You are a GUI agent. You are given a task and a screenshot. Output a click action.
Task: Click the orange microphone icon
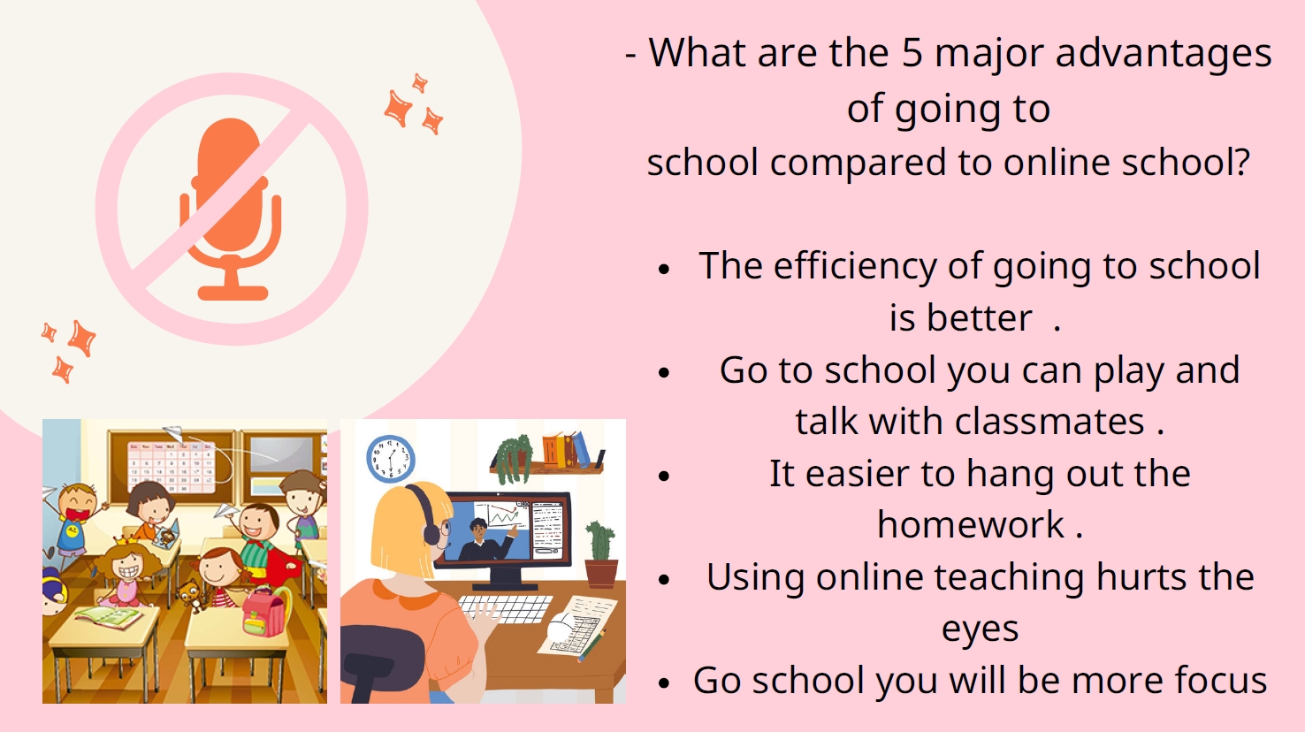pyautogui.click(x=231, y=209)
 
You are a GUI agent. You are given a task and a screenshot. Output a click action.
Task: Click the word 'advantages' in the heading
pyautogui.click(x=1164, y=54)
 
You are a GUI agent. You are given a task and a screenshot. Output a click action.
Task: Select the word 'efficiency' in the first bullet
pyautogui.click(x=855, y=267)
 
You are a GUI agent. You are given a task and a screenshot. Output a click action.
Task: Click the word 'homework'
pyautogui.click(x=971, y=524)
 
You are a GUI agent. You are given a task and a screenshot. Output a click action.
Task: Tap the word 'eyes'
pyautogui.click(x=980, y=630)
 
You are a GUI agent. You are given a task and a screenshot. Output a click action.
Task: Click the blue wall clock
pyautogui.click(x=390, y=459)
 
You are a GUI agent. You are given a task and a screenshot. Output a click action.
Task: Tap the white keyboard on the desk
pyautogui.click(x=505, y=608)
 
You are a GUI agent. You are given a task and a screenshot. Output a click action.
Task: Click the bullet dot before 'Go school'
pyautogui.click(x=664, y=683)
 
